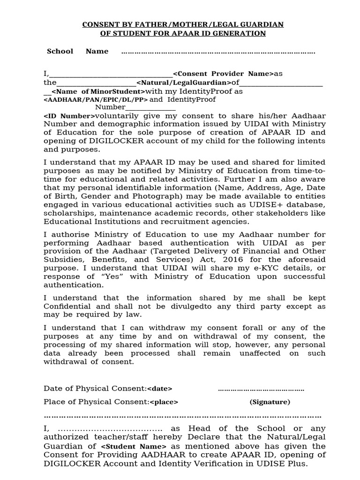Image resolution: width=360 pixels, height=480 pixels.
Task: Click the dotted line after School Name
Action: click(x=218, y=52)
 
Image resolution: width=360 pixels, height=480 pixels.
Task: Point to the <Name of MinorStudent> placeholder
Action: click(x=98, y=91)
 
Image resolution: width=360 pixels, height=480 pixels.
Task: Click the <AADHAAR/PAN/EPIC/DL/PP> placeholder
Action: click(x=96, y=99)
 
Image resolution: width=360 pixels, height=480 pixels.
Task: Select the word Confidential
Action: click(x=66, y=306)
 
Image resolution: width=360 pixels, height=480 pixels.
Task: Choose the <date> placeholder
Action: click(x=160, y=389)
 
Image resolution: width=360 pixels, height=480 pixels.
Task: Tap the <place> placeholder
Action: click(x=164, y=402)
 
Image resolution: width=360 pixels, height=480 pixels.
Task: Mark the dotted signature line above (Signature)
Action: click(x=261, y=389)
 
